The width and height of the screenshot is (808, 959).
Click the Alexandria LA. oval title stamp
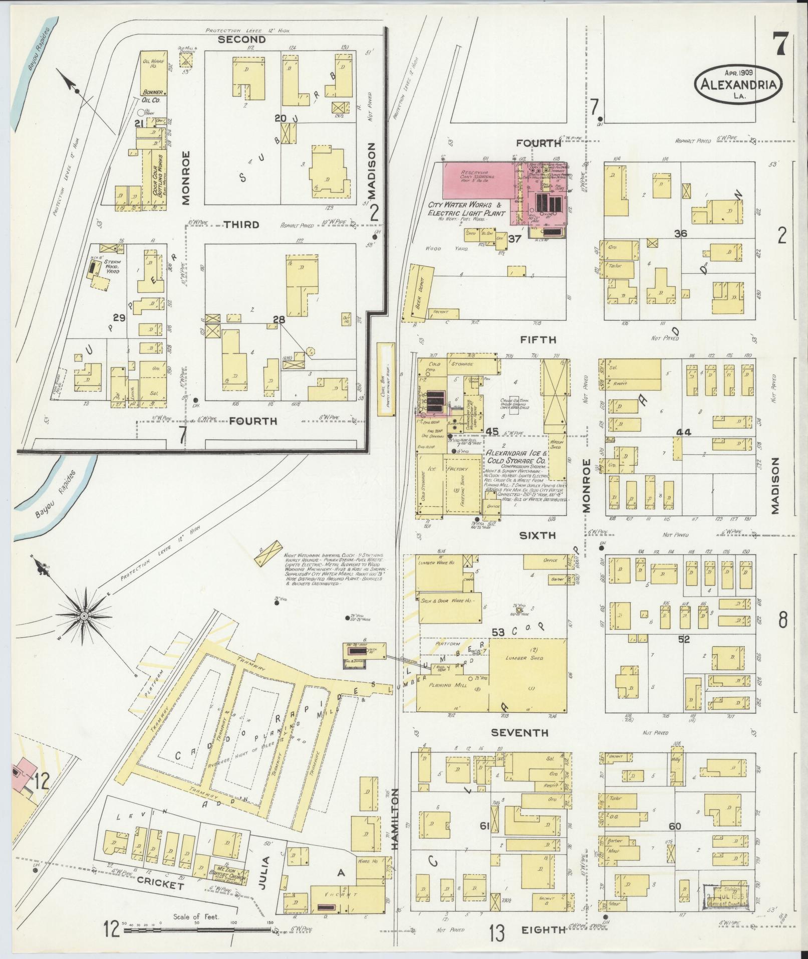click(738, 84)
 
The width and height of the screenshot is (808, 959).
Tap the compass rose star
click(84, 615)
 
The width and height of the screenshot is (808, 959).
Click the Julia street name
click(265, 872)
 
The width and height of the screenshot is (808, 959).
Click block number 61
click(484, 826)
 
